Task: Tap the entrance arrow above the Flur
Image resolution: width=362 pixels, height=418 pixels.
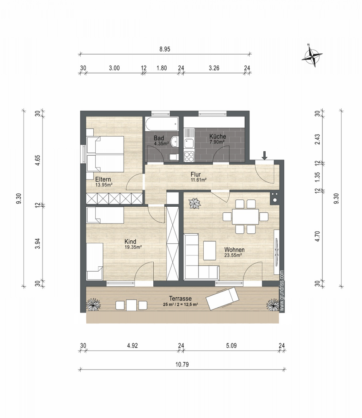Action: point(264,156)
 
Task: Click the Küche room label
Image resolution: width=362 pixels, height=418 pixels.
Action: point(218,137)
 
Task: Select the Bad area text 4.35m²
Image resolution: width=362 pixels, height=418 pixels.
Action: point(161,144)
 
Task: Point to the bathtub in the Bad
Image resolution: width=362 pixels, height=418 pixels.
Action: point(162,124)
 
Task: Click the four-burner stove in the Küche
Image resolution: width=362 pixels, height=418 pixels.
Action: point(189,156)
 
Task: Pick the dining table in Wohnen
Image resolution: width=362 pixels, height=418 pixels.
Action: point(245,217)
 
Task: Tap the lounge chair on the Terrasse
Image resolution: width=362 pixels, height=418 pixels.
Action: point(222,298)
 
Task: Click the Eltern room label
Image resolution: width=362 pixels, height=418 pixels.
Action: point(103,180)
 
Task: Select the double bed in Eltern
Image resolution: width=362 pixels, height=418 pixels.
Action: point(105,154)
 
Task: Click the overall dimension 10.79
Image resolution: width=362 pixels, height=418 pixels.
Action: point(182,365)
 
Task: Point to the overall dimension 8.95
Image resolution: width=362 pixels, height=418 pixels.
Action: point(165,49)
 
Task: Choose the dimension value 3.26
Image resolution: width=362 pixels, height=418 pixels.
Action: point(214,68)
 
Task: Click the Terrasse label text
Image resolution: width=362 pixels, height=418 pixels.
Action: point(180,298)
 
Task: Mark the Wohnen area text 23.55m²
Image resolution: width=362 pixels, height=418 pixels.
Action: point(233,255)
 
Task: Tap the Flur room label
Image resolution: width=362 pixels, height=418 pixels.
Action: point(196,174)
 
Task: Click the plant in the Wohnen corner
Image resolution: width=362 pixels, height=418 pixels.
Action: point(195,204)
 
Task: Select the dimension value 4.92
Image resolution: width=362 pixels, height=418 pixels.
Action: point(132,346)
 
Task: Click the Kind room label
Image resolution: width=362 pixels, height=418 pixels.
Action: point(130,242)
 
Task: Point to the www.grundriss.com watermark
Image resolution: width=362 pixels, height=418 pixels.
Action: point(282,291)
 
